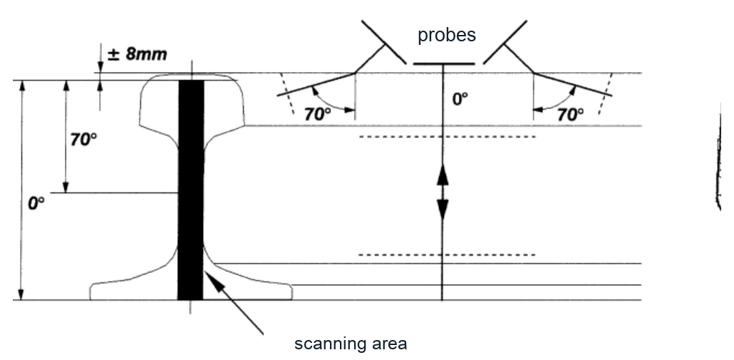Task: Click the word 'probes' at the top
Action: click(x=447, y=36)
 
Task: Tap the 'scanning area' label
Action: click(x=351, y=344)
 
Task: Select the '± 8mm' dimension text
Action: click(x=137, y=54)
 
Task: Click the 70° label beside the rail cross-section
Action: click(x=84, y=140)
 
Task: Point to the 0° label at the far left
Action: click(x=36, y=203)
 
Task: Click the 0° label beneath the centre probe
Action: click(x=460, y=99)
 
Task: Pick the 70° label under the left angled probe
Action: click(x=317, y=114)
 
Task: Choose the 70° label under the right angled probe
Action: click(x=570, y=114)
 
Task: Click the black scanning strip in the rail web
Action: click(x=191, y=190)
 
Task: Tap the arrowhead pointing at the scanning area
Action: click(x=212, y=279)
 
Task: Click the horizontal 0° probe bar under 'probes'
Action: click(x=444, y=63)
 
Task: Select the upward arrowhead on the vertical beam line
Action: click(x=443, y=175)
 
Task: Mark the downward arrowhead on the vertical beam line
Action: click(x=443, y=210)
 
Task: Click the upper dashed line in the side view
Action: click(x=447, y=137)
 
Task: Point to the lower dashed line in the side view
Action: click(x=447, y=255)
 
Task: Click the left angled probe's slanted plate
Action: click(x=384, y=42)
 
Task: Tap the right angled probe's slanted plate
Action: click(x=505, y=42)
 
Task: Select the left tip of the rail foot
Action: click(x=91, y=291)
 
